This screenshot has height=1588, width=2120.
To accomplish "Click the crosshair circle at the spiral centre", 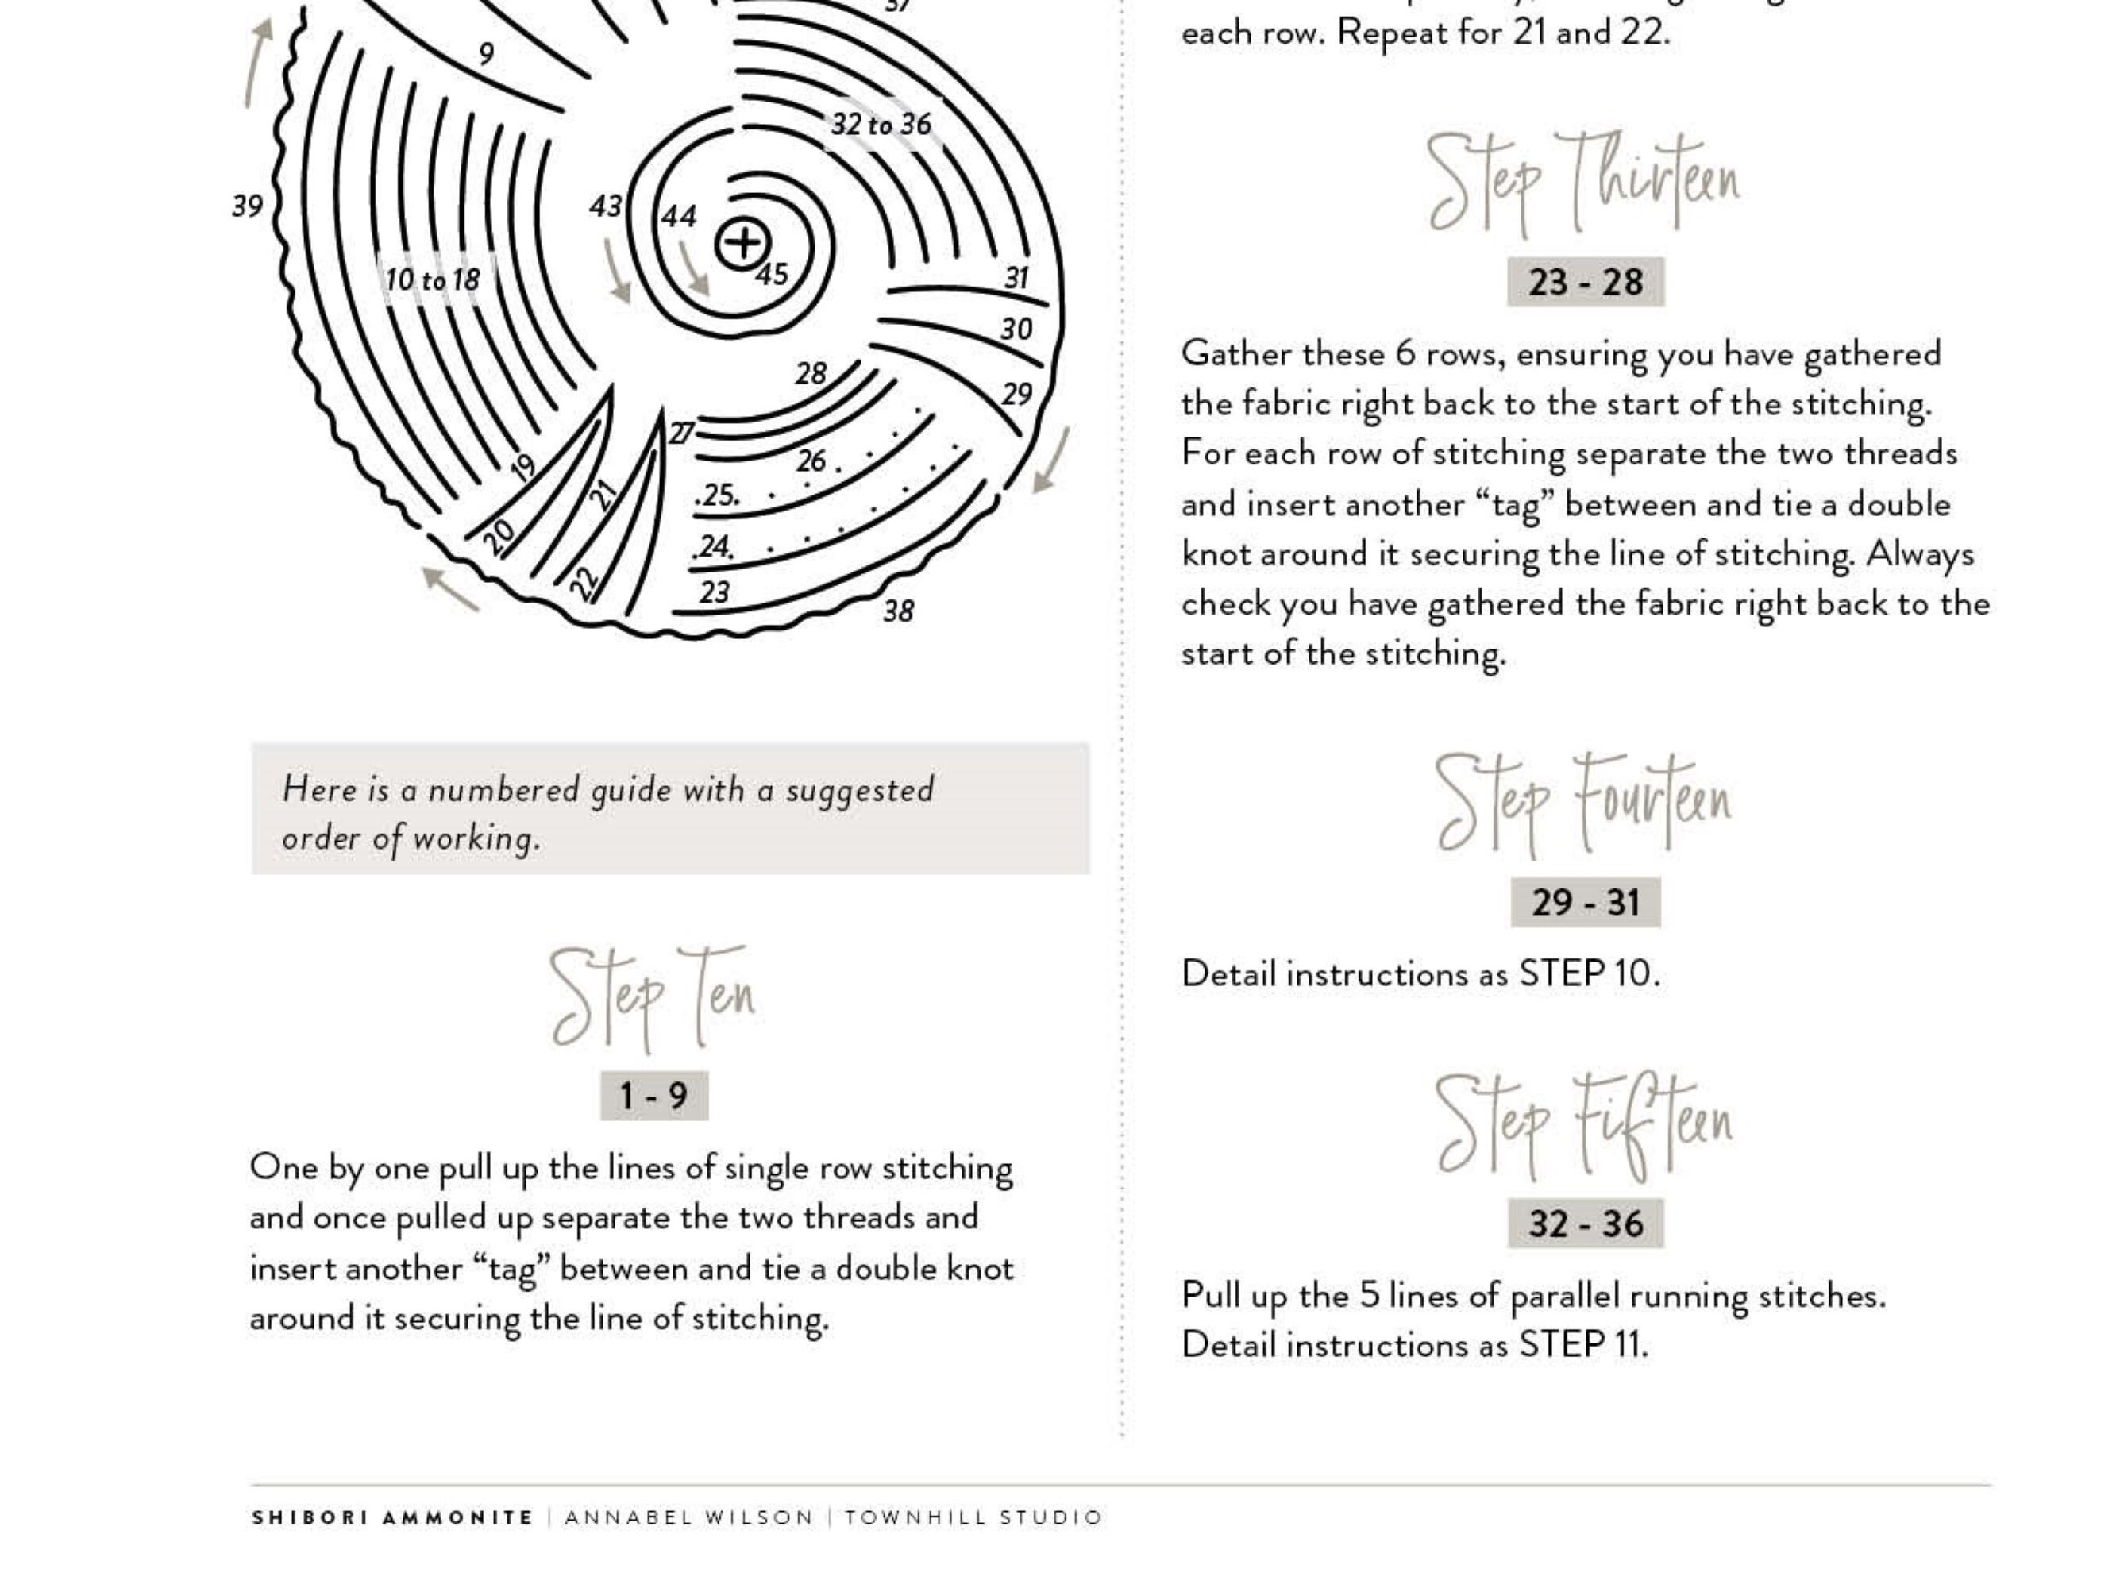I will tap(742, 244).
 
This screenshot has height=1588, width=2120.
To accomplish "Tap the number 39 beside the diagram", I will tap(247, 206).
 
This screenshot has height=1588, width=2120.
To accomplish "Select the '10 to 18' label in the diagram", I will tap(432, 279).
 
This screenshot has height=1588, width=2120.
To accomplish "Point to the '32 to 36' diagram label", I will tap(881, 125).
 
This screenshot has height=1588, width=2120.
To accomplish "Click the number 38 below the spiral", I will tap(898, 611).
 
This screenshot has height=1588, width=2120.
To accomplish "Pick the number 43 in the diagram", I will tap(606, 206).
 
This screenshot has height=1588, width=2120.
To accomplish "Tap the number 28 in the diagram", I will tap(811, 373).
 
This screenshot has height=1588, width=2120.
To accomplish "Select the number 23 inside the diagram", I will tap(714, 592).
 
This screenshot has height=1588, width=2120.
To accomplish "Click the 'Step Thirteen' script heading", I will tap(1583, 182).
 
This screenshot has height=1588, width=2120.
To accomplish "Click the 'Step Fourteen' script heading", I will tap(1583, 803).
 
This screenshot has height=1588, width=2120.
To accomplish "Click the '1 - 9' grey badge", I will tap(653, 1096).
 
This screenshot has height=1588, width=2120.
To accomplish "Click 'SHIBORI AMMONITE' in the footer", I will tap(392, 1518).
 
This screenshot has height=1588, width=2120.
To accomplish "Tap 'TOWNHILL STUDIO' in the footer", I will tap(973, 1518).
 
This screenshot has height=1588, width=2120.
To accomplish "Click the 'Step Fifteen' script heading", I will tap(1583, 1124).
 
